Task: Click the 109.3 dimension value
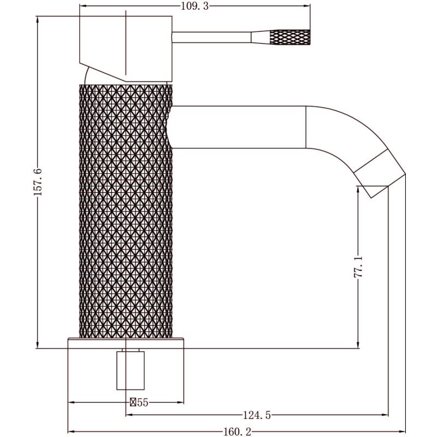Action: pyautogui.click(x=195, y=6)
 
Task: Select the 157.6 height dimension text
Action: pyautogui.click(x=38, y=182)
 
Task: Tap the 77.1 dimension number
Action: pyautogui.click(x=358, y=267)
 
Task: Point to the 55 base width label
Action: pyautogui.click(x=142, y=403)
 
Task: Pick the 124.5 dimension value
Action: pyautogui.click(x=257, y=415)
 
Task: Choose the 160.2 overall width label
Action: pyautogui.click(x=237, y=432)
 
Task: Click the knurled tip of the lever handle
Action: pyautogui.click(x=290, y=37)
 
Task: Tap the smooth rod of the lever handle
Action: pyautogui.click(x=211, y=37)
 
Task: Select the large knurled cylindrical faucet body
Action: pyautogui.click(x=126, y=211)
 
